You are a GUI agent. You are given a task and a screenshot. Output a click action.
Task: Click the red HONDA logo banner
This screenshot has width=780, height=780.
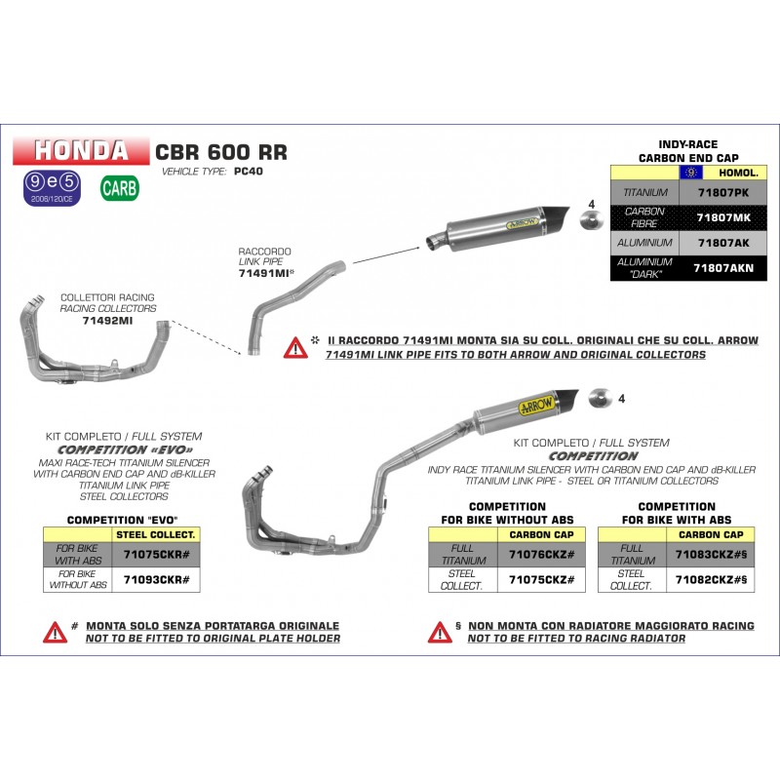click(x=81, y=151)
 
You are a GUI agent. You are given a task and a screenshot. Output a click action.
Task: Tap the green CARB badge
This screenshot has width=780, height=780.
click(x=119, y=188)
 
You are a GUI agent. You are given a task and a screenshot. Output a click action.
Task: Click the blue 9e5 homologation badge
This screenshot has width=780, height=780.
click(x=52, y=188)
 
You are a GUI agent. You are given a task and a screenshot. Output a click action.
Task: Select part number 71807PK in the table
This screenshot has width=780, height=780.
click(x=722, y=192)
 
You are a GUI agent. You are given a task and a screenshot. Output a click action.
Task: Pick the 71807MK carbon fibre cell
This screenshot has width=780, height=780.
click(x=722, y=217)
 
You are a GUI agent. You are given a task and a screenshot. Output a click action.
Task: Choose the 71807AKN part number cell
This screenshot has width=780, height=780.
click(x=722, y=268)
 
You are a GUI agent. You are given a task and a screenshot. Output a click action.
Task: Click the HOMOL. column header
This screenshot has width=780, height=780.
click(x=738, y=173)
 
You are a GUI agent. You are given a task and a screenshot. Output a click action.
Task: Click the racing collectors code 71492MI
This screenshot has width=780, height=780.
click(x=107, y=321)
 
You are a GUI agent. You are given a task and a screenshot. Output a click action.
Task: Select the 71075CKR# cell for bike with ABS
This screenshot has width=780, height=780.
click(x=156, y=554)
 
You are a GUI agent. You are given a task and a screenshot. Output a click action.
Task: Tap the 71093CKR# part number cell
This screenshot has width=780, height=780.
click(x=156, y=579)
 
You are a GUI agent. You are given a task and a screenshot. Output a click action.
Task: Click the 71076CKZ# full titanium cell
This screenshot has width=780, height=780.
click(x=541, y=554)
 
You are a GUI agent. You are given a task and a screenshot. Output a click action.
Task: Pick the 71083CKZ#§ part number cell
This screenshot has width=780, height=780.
click(x=711, y=554)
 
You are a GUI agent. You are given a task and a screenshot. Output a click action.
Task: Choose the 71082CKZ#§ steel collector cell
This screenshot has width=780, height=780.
click(x=711, y=579)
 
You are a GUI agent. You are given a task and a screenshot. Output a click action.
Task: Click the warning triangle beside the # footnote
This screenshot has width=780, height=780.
click(x=55, y=632)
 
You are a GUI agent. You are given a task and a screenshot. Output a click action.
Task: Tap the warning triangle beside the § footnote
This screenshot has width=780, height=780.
click(x=440, y=632)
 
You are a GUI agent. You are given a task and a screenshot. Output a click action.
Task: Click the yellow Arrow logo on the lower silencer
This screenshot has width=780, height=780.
click(x=536, y=406)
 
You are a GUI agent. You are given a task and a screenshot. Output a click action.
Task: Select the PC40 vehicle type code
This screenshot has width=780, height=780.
click(x=249, y=172)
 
